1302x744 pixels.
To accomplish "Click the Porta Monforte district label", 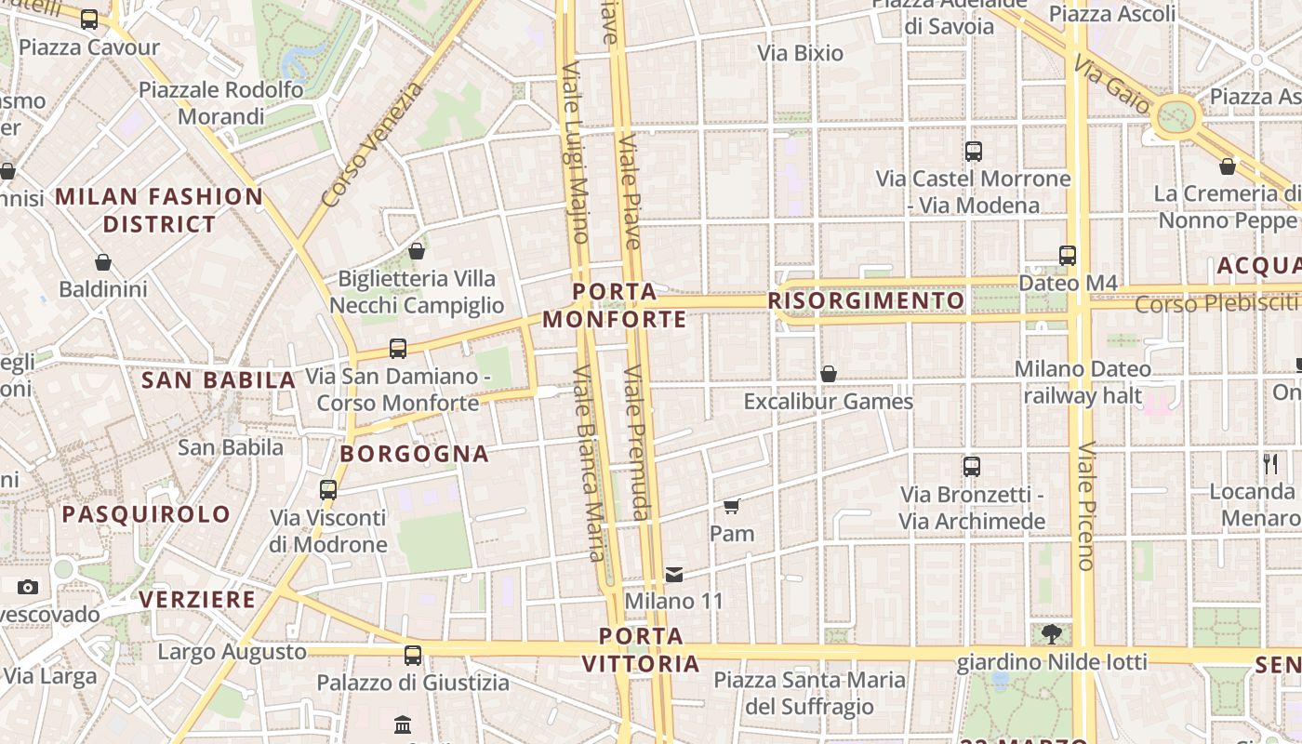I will point(614,306).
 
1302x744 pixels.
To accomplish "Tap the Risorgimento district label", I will point(866,300).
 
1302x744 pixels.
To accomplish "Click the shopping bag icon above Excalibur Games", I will point(828,374).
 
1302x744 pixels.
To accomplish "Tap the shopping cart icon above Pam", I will point(732,507).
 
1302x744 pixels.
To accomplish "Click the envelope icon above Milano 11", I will point(674,575).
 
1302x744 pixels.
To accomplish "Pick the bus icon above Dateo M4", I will point(1067,255).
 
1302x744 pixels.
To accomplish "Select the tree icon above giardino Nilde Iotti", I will point(1052,634).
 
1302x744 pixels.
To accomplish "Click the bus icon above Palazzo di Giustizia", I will point(413,656).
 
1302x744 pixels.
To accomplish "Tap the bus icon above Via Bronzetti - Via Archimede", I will point(972,467).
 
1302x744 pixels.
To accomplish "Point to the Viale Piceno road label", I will point(1085,505).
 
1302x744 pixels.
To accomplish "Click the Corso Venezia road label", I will point(371,146).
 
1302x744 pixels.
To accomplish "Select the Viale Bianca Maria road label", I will point(590,462).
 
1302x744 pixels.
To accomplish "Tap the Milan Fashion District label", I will point(159,210).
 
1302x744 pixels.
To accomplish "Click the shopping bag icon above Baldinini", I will point(103,263).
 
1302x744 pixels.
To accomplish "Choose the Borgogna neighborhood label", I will point(415,454).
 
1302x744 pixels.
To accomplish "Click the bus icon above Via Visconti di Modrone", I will point(328,490).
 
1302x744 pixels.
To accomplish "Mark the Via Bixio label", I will point(801,53).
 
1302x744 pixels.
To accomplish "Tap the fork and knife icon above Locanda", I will point(1270,463).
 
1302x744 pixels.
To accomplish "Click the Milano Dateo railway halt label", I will point(1083,382).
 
